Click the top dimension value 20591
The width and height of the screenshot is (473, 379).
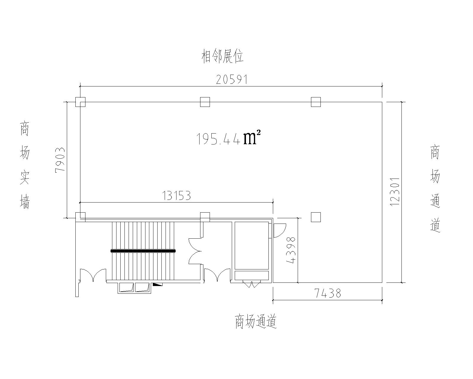click(x=232, y=79)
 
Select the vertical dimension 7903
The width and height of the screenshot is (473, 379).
click(x=60, y=159)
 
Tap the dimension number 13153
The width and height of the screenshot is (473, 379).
click(x=176, y=195)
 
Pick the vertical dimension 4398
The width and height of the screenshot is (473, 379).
click(x=291, y=250)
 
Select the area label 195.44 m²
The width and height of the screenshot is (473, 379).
click(x=228, y=138)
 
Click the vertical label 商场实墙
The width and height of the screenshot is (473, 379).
click(x=25, y=165)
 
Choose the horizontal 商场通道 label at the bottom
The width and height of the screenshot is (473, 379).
click(x=256, y=321)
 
